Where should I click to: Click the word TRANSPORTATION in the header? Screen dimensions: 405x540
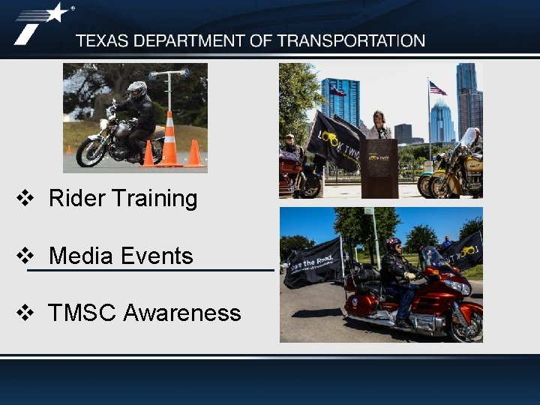click(x=350, y=41)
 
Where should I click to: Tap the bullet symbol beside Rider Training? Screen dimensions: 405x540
click(x=25, y=199)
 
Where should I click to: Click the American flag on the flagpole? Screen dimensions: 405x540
click(x=437, y=88)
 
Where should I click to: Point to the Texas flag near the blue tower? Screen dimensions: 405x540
click(x=337, y=91)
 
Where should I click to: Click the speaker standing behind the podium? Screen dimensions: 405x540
click(x=379, y=126)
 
